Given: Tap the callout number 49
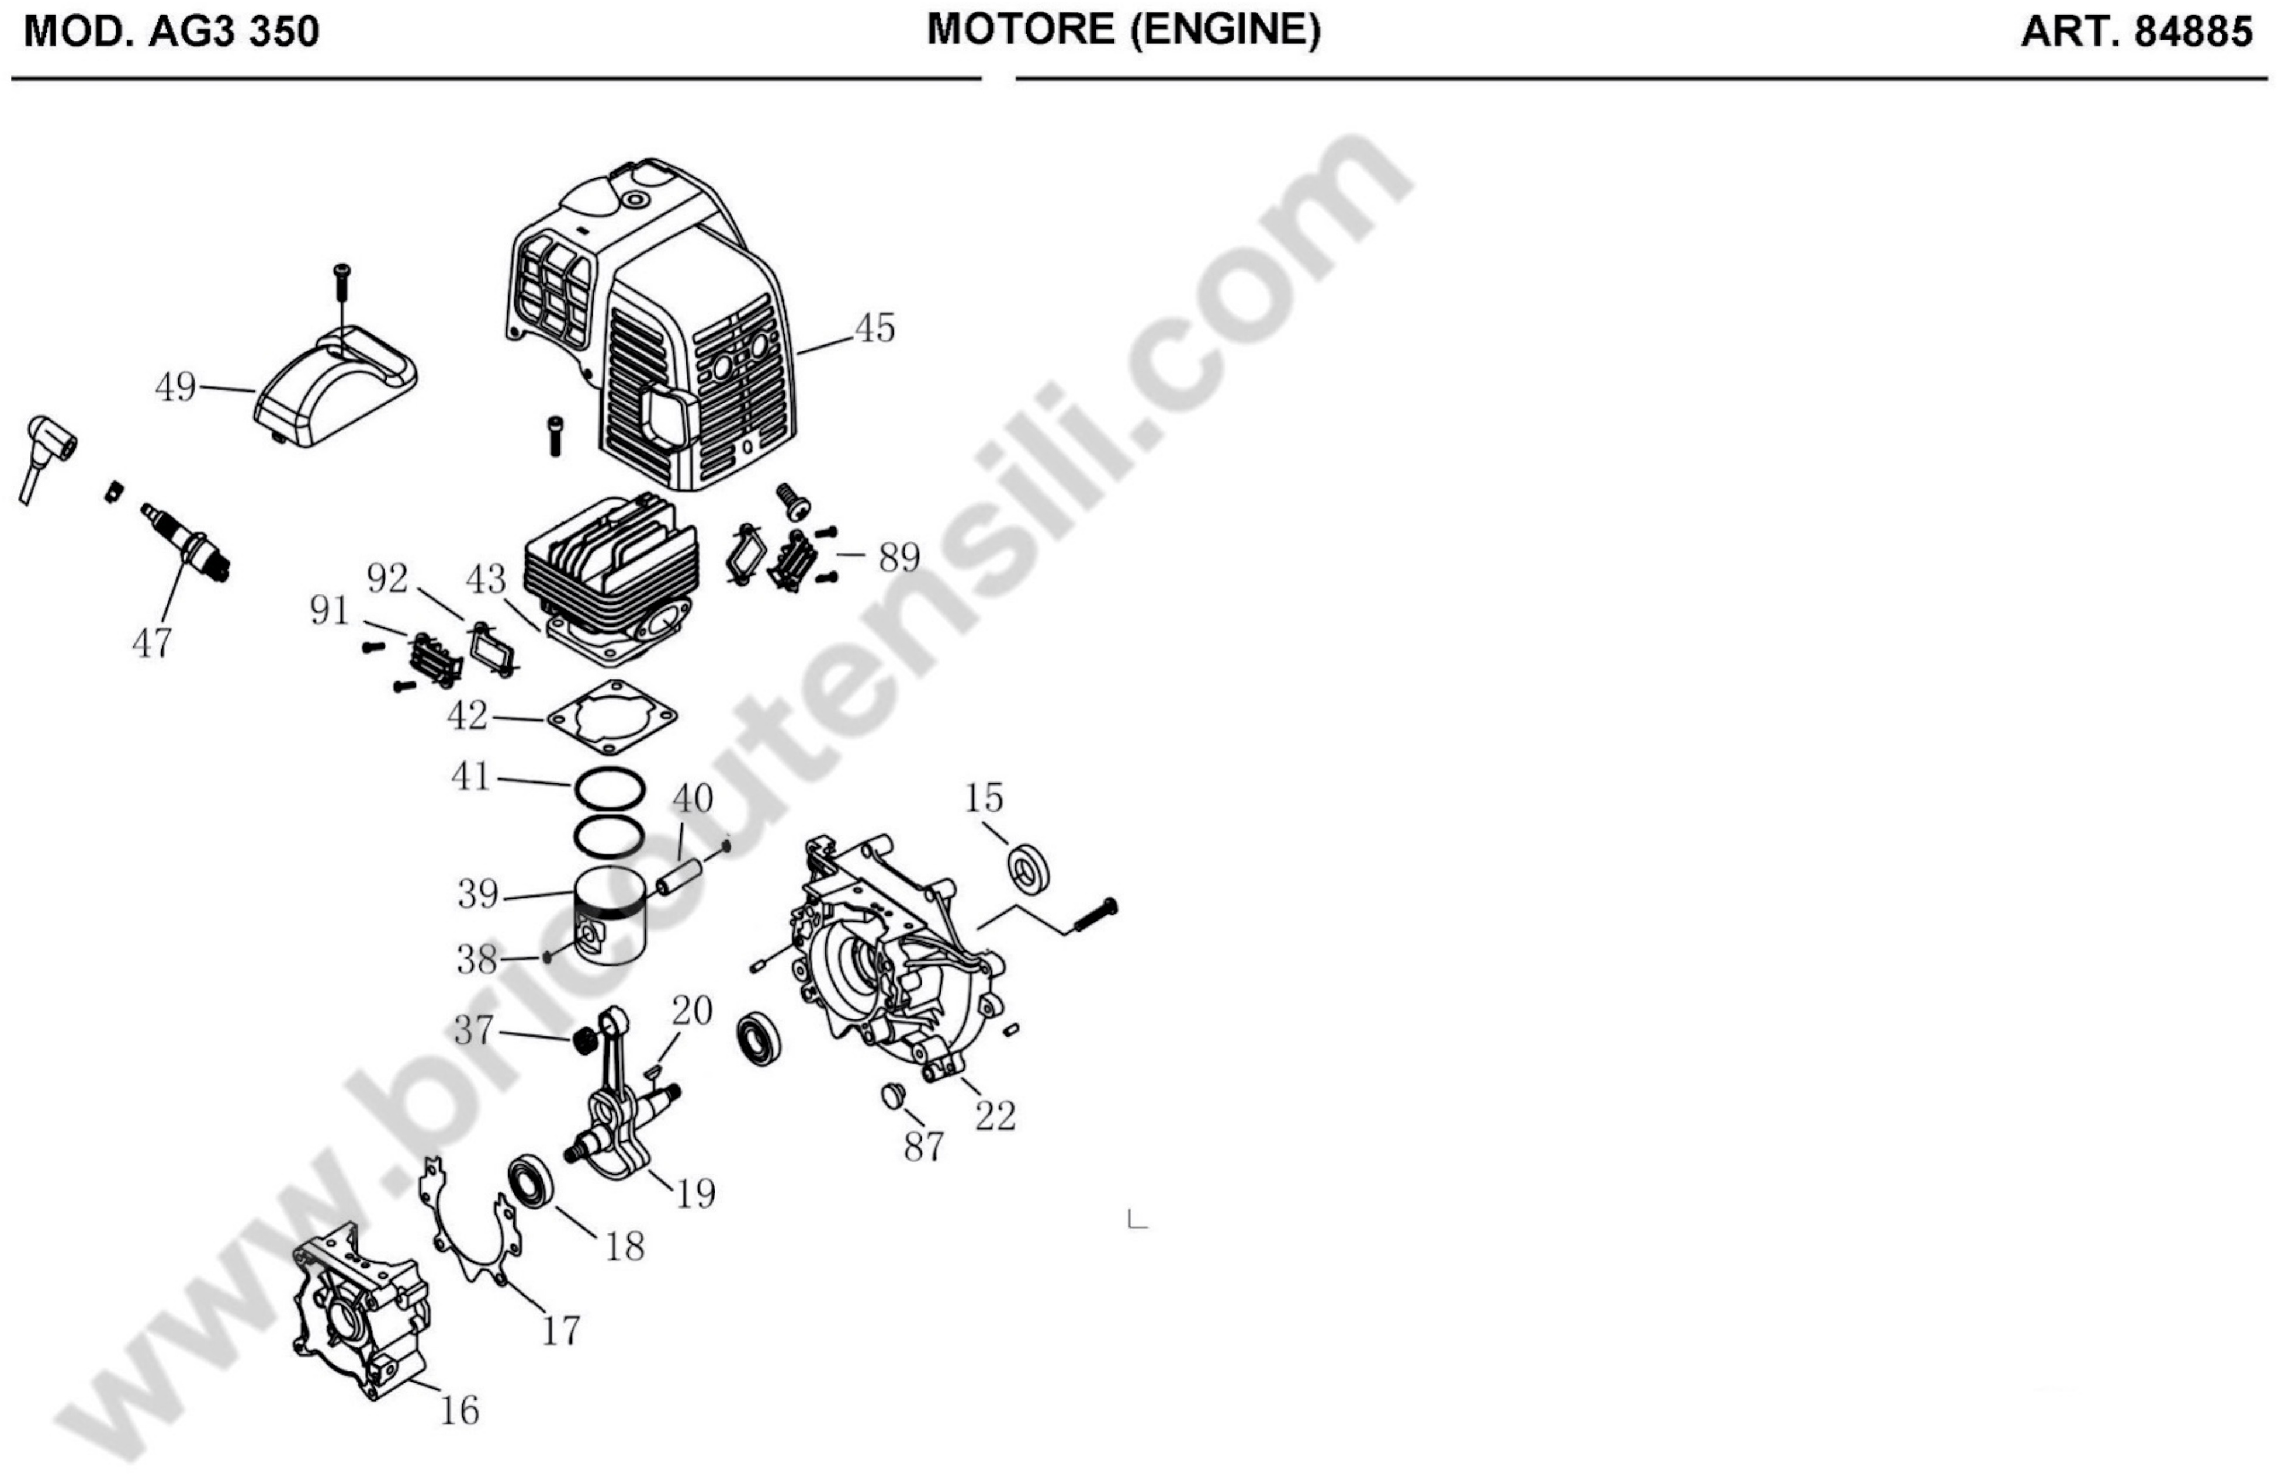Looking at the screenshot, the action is [175, 387].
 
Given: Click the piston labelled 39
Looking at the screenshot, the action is [612, 916].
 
